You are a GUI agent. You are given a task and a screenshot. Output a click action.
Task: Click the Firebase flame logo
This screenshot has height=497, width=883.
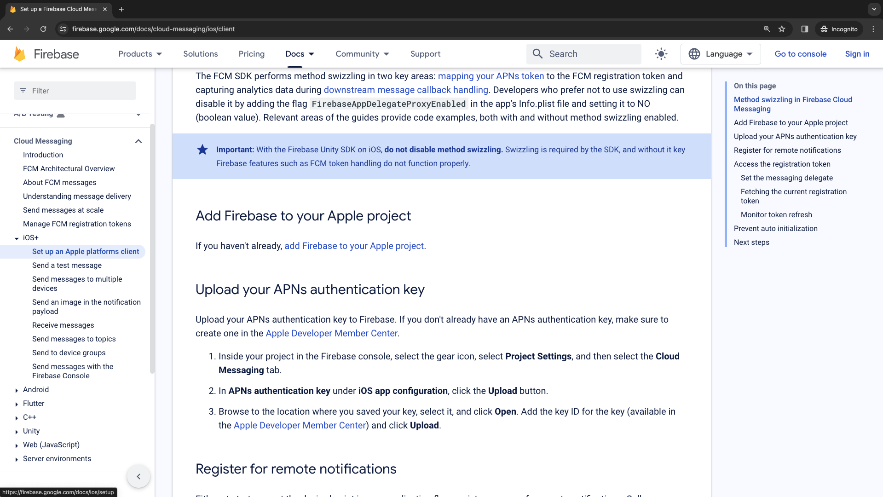[20, 54]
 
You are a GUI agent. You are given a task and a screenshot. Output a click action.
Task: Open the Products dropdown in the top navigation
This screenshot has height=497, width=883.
[140, 54]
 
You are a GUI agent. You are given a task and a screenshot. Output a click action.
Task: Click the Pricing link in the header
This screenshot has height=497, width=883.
[251, 54]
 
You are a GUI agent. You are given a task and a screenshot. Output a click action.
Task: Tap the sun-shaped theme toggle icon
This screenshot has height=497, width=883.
[661, 54]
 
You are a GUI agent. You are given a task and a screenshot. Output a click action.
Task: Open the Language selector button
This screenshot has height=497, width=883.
[720, 54]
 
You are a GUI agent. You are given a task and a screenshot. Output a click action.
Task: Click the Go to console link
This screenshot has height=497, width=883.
[800, 54]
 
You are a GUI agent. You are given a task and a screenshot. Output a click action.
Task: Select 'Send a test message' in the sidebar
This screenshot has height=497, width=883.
[67, 265]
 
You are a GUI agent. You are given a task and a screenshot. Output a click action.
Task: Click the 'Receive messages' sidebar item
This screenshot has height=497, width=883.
[63, 325]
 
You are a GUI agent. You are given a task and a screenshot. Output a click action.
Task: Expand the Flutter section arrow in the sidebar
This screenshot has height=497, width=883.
[17, 404]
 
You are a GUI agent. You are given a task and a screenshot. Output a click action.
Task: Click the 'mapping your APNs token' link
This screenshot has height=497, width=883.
[491, 76]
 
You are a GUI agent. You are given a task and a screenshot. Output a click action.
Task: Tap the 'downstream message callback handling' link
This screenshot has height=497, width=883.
[406, 90]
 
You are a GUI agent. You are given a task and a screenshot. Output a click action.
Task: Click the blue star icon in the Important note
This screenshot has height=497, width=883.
[202, 150]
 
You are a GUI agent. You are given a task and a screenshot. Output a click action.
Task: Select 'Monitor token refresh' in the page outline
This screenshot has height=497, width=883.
[776, 214]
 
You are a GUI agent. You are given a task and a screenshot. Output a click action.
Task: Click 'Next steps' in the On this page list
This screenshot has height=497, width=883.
[751, 242]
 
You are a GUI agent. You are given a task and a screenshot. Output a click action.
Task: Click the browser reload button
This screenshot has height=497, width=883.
[43, 29]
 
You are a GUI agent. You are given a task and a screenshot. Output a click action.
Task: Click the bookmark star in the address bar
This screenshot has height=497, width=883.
[782, 29]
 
